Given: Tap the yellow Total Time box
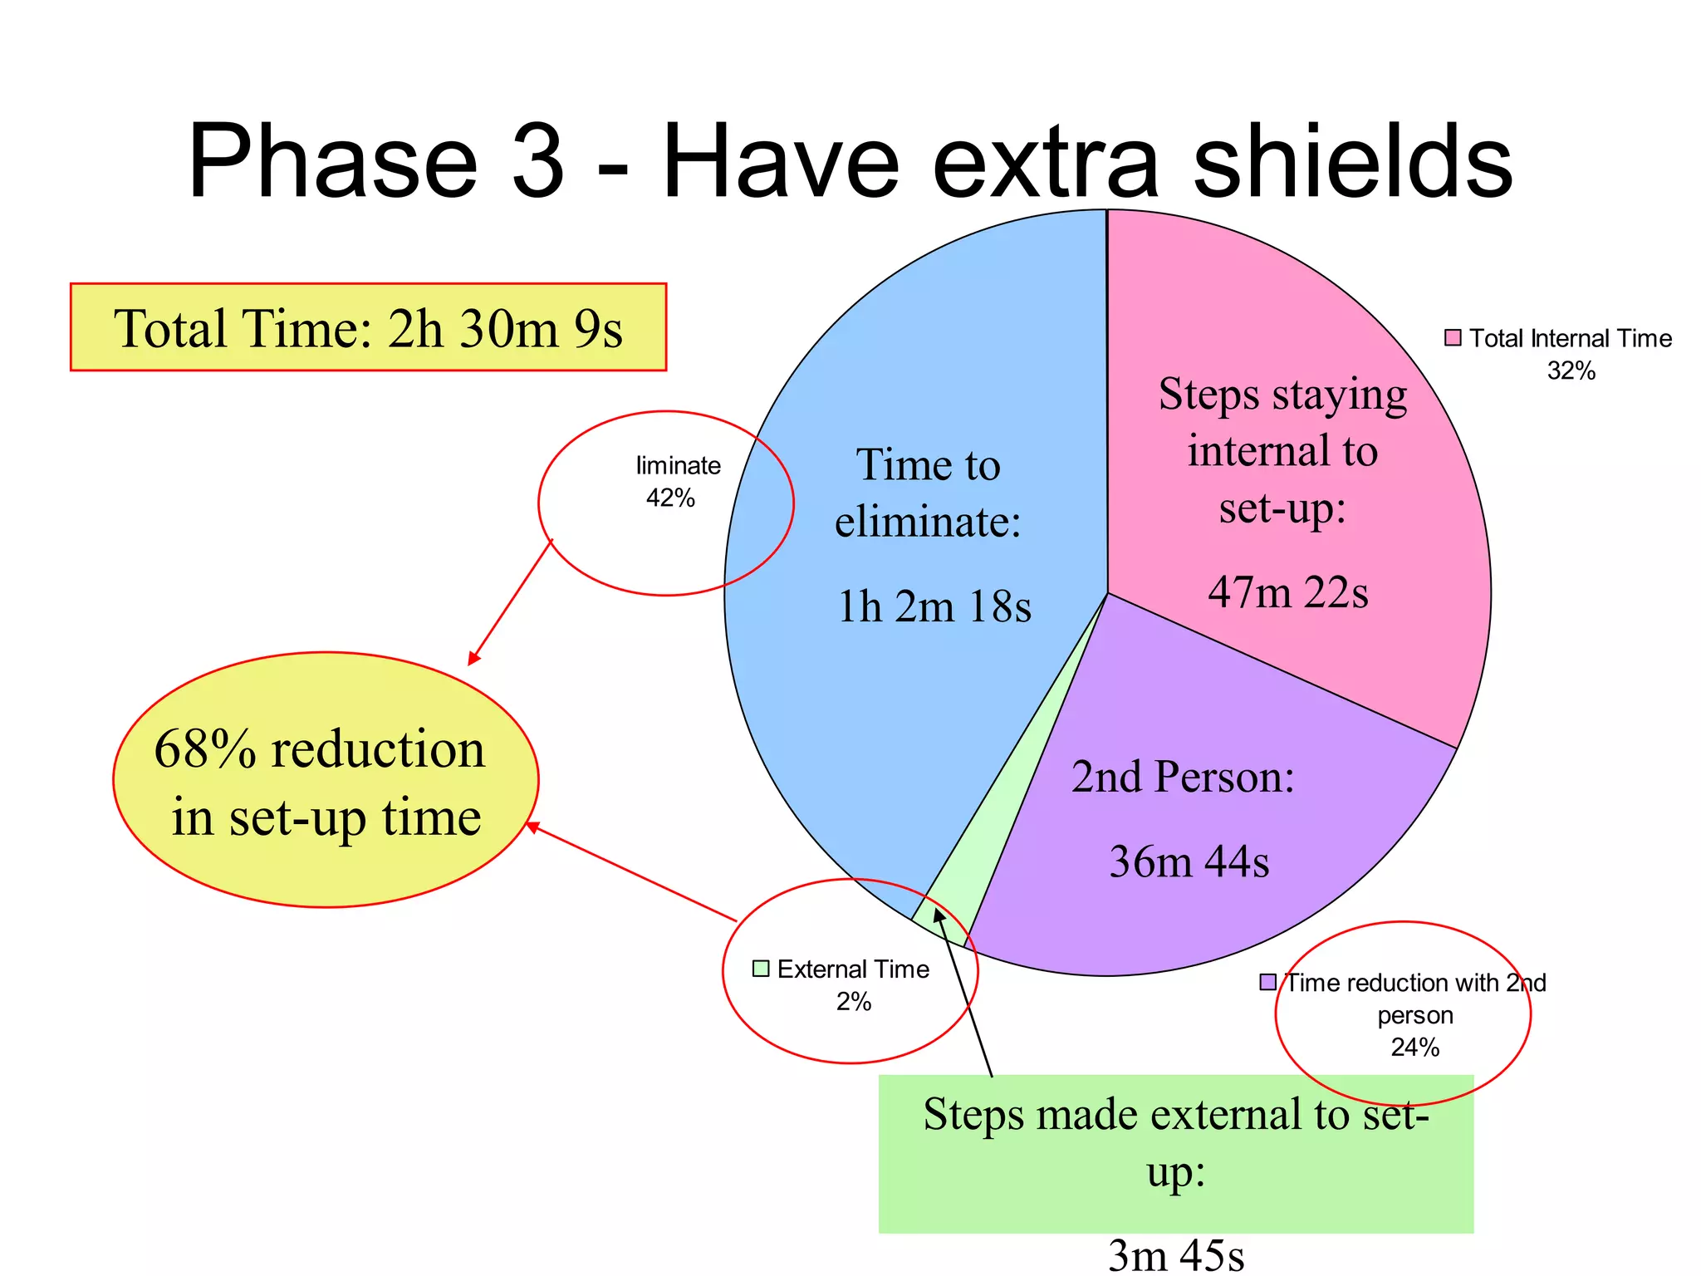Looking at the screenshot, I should click(x=368, y=327).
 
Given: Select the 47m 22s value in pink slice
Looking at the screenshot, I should click(x=1287, y=592).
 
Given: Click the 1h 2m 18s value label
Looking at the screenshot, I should click(x=934, y=606).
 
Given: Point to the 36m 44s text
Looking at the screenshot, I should click(x=1189, y=861).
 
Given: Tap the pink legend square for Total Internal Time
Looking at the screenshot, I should click(x=1453, y=337).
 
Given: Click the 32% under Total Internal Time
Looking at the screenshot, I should click(x=1571, y=371).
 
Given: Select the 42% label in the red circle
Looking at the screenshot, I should click(x=670, y=498).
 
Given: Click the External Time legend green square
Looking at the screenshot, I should click(x=761, y=969).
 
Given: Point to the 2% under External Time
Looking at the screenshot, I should click(x=853, y=1002).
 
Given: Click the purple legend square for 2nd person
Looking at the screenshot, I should click(x=1268, y=982).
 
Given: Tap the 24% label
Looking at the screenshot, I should click(x=1414, y=1047).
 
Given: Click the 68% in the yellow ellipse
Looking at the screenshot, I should click(x=205, y=748).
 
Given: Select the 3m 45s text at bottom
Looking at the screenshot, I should click(x=1176, y=1254).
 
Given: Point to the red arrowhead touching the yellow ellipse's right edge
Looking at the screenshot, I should click(x=532, y=826).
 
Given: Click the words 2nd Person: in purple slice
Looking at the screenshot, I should click(x=1183, y=777).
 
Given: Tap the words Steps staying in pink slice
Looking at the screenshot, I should click(x=1282, y=394).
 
